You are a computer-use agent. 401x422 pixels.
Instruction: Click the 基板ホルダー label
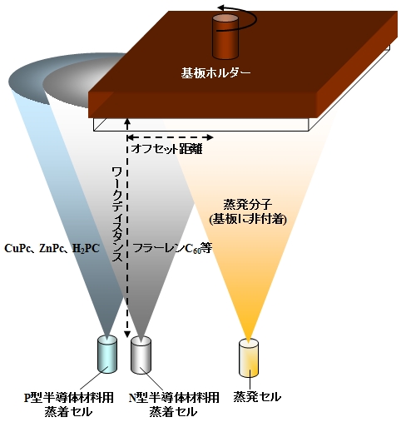pyautogui.click(x=215, y=73)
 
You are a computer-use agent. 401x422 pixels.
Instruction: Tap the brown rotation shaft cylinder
pyautogui.click(x=225, y=37)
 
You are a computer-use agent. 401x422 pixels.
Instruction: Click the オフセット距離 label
pyautogui.click(x=166, y=149)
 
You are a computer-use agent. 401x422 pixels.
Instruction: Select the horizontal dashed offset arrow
pyautogui.click(x=170, y=137)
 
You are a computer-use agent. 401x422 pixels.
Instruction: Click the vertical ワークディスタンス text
pyautogui.click(x=117, y=214)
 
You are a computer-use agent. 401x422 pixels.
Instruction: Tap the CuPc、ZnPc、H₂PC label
pyautogui.click(x=52, y=248)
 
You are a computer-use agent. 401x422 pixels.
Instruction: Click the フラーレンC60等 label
pyautogui.click(x=172, y=248)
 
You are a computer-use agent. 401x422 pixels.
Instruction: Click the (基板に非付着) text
pyautogui.click(x=248, y=220)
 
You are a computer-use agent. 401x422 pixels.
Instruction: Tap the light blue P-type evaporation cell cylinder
pyautogui.click(x=107, y=355)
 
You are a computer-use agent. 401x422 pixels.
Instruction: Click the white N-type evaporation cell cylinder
pyautogui.click(x=141, y=355)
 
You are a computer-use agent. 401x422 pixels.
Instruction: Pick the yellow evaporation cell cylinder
pyautogui.click(x=249, y=358)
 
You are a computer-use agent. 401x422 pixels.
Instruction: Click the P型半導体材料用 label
pyautogui.click(x=69, y=398)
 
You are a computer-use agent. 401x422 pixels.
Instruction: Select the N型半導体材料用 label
pyautogui.click(x=174, y=398)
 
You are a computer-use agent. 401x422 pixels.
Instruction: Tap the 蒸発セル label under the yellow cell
pyautogui.click(x=257, y=397)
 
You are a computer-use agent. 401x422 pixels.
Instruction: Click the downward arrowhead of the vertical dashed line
pyautogui.click(x=127, y=335)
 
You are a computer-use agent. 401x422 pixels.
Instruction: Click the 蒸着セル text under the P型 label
pyautogui.click(x=68, y=412)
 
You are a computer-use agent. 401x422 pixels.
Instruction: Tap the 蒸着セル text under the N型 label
pyautogui.click(x=173, y=412)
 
